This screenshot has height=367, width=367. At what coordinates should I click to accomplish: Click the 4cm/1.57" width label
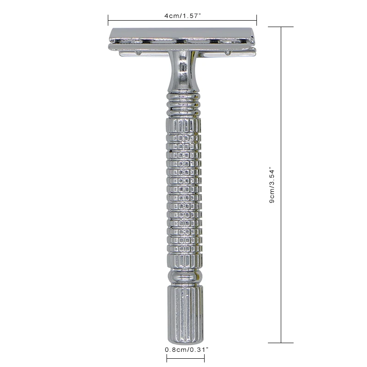click(183, 15)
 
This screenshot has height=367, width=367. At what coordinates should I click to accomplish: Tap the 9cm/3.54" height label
click(272, 185)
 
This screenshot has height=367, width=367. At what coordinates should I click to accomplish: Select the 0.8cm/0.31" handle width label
click(186, 350)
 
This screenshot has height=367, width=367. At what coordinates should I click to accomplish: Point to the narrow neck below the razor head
click(183, 73)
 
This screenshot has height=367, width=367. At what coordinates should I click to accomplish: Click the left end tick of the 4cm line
click(108, 20)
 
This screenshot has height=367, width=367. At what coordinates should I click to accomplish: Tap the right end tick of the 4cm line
click(256, 20)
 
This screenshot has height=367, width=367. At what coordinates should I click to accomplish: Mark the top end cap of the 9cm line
click(281, 27)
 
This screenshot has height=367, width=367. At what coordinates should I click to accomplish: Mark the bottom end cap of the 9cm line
click(281, 343)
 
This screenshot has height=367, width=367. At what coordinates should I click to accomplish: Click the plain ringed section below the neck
click(183, 103)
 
